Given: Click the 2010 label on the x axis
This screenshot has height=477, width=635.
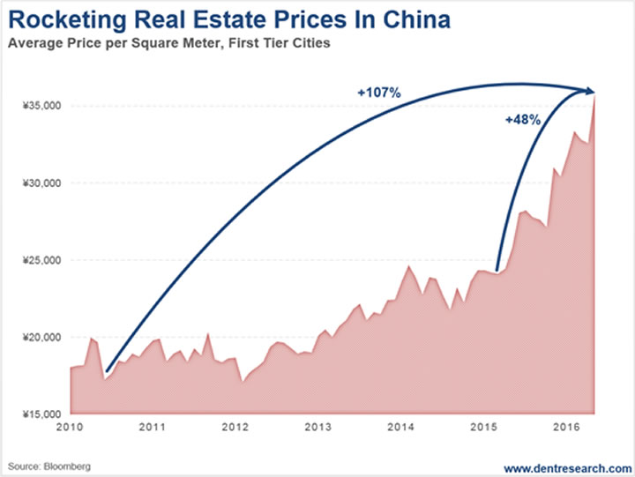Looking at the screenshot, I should pos(71,428).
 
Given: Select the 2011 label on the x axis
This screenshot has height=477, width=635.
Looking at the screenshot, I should pos(153,428).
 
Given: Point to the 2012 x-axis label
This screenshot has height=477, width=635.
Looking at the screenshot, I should pos(235,428).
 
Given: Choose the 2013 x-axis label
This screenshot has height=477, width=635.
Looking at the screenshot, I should pos(318,428).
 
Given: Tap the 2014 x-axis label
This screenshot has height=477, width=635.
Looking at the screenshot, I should pos(401,428).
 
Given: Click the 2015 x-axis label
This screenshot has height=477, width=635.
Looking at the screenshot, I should pos(483,428).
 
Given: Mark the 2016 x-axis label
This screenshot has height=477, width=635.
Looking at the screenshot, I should pos(566,428).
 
